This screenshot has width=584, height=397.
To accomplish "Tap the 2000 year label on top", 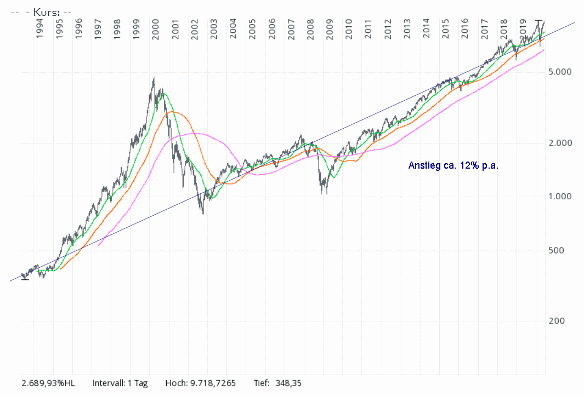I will (x=156, y=29).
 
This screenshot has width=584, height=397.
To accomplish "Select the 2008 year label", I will (x=310, y=29).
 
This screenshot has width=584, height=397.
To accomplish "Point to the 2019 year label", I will (x=523, y=29).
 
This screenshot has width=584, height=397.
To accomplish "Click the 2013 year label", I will (x=407, y=29).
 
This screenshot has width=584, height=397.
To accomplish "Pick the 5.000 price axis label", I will (x=560, y=72).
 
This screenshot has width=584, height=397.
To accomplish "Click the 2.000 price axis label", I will (x=560, y=143).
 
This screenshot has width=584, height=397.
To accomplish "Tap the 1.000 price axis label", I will (x=560, y=197).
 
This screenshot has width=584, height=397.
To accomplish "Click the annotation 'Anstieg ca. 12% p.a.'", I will (x=453, y=165).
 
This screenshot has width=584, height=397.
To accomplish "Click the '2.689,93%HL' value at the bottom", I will (x=48, y=383).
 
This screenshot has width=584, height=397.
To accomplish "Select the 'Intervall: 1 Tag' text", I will (x=120, y=383).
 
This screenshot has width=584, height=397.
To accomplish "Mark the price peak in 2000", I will (x=154, y=78).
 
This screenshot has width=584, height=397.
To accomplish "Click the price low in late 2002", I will (x=203, y=213).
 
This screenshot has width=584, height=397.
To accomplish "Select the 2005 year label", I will (x=252, y=29).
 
